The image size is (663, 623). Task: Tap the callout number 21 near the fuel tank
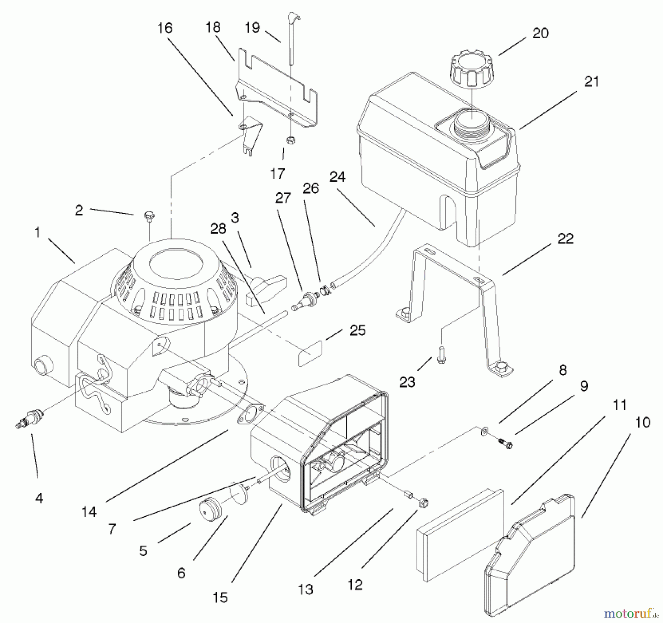[591, 81]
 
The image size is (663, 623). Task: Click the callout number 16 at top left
[165, 28]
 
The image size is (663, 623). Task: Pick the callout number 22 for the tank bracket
[565, 239]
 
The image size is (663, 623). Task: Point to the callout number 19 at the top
[252, 28]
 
